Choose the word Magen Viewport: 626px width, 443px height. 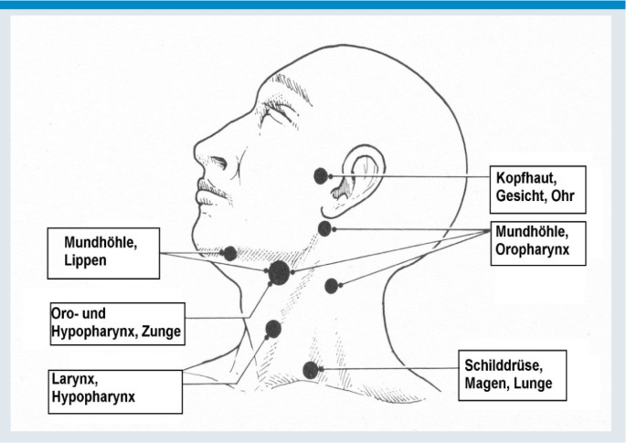(486, 384)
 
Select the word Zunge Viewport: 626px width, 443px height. (159, 332)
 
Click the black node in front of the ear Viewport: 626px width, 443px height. (320, 175)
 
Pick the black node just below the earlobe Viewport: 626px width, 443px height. (324, 227)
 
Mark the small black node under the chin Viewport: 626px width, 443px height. (230, 253)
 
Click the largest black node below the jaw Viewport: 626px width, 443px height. (279, 270)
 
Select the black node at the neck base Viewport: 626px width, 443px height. (310, 369)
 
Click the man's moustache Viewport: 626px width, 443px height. (209, 186)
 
